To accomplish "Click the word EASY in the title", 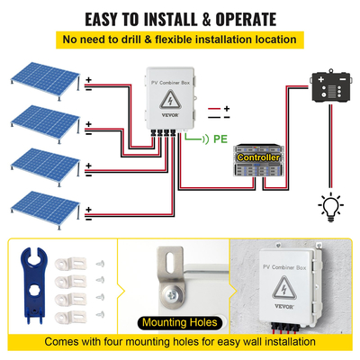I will (x=105, y=19).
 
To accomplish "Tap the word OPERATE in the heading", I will (x=264, y=19).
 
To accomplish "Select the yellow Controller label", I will (x=257, y=157).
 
